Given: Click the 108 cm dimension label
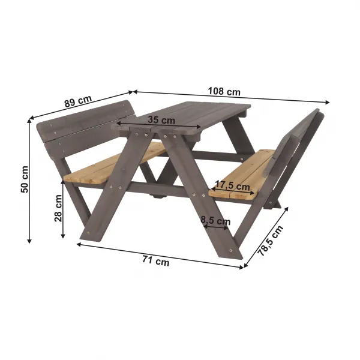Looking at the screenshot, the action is (x=224, y=91).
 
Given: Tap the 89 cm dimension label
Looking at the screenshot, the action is (x=78, y=101).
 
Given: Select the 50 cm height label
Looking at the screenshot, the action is (x=25, y=179).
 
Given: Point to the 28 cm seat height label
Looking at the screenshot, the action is (x=58, y=208).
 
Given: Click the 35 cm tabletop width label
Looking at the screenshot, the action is (x=161, y=119).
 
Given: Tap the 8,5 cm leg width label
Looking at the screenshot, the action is (x=215, y=220).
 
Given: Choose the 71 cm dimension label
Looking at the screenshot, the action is (x=156, y=261).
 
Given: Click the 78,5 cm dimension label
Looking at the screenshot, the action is (x=271, y=241).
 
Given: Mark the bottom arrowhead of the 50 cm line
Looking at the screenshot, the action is (x=29, y=241).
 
